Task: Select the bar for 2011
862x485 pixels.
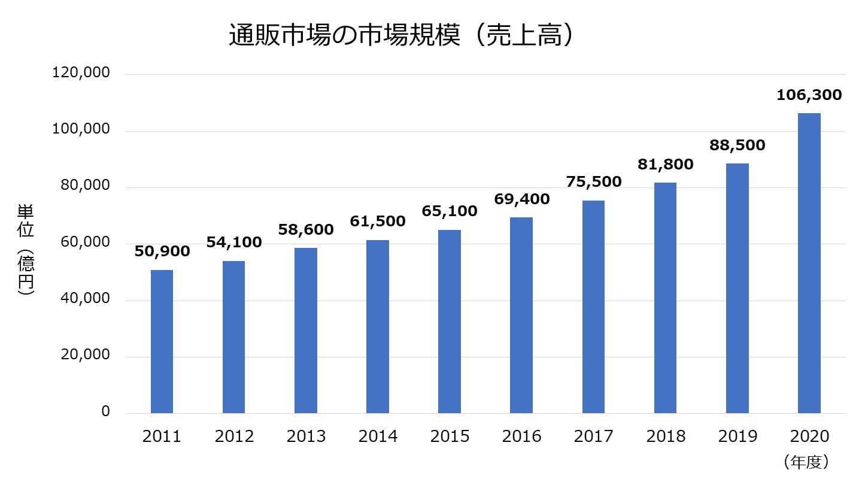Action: coord(162,341)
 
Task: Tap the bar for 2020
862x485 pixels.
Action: coord(809,263)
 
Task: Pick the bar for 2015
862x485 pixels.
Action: coord(450,322)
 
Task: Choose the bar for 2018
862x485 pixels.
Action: coord(665,298)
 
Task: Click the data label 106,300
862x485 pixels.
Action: coord(809,95)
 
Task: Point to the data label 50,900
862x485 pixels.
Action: coord(162,251)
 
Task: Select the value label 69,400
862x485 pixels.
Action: coord(521,199)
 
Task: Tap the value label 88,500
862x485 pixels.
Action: coord(737,145)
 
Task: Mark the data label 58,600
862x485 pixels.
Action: coord(306,229)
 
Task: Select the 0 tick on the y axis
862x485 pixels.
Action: coord(105,412)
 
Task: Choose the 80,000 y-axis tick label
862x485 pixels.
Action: coord(85,186)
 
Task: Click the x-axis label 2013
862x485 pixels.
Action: coord(306,436)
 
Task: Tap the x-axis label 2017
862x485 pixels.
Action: coord(593,436)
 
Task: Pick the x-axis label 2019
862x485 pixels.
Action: coord(737,436)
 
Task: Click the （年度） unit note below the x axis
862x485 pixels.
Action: coord(805,461)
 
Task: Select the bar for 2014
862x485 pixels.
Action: coord(378,326)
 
